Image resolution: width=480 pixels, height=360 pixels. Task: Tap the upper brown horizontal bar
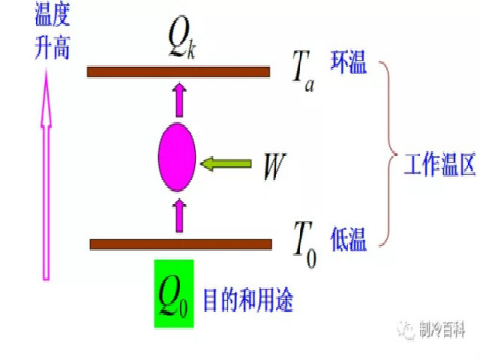click(x=179, y=71)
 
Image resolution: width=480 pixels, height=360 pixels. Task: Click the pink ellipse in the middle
click(x=178, y=156)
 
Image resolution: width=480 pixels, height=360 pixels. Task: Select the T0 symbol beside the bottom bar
click(x=304, y=236)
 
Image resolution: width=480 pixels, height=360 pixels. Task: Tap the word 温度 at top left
click(x=33, y=16)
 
